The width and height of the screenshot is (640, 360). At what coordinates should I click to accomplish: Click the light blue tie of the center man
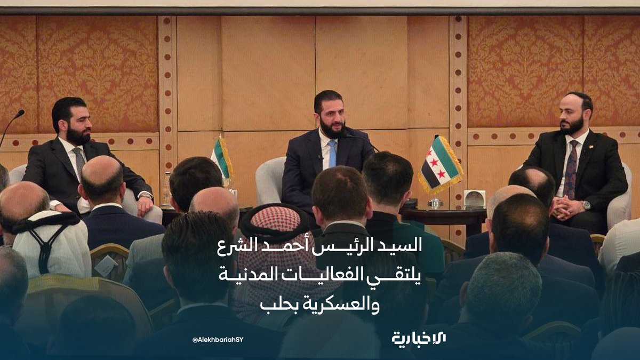[x=332, y=153]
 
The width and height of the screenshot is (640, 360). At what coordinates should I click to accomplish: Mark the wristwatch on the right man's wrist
[x=586, y=205]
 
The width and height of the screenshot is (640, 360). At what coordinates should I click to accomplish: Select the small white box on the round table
[x=474, y=198]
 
